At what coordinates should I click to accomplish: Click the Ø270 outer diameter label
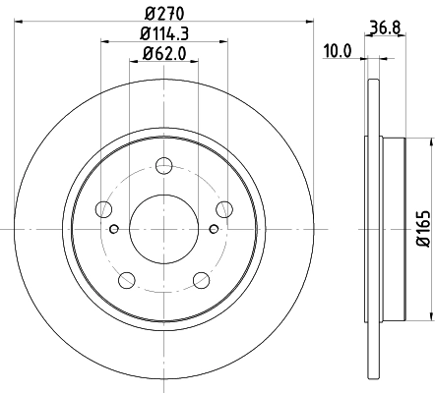coord(162,13)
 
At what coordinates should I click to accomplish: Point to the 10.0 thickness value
coord(339,50)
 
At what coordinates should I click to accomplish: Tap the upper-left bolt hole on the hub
coord(100,207)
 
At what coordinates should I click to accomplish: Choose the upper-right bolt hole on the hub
coord(225,207)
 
